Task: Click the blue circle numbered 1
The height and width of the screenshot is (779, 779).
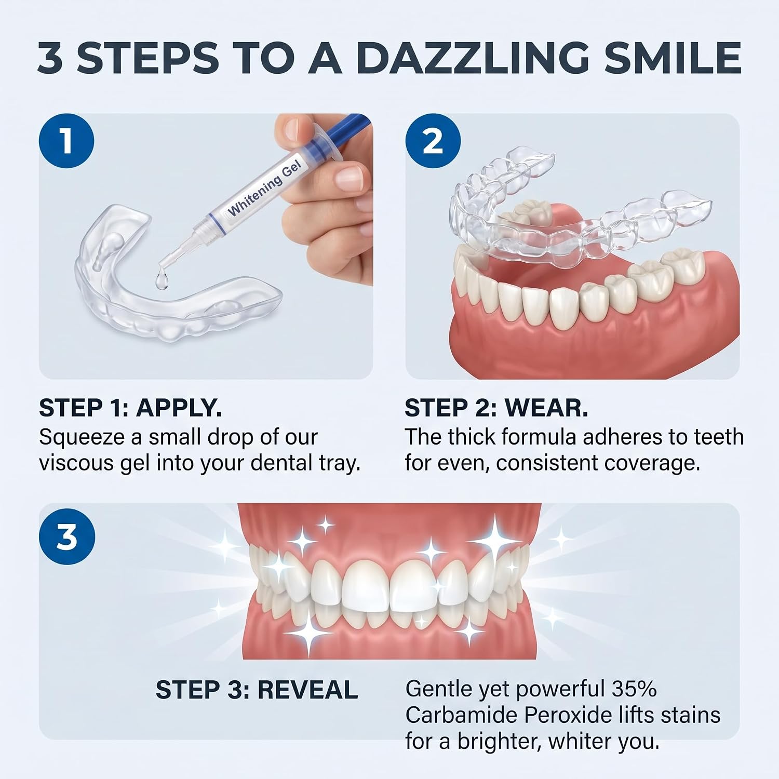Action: tap(66, 141)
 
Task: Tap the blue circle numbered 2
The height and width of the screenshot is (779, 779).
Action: tap(433, 141)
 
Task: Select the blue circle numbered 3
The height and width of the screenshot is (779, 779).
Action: tap(67, 537)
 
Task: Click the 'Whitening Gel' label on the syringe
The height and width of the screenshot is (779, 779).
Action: tap(265, 188)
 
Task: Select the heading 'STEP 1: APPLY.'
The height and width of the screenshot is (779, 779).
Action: tap(130, 408)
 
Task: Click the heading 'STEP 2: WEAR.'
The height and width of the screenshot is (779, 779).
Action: tap(496, 408)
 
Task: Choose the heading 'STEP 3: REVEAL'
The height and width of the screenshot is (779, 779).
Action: tap(257, 690)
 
